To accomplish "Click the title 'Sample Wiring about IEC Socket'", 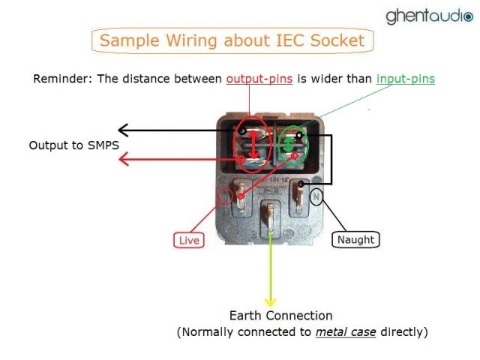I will pos(232,40).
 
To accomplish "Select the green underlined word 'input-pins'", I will pos(405,79).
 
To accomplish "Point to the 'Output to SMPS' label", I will pos(73,145).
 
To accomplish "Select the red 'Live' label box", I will pos(187,240).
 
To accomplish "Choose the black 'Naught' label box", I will pos(355,240).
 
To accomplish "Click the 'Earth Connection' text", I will pos(280,316).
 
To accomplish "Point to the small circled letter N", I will pos(316,198).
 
